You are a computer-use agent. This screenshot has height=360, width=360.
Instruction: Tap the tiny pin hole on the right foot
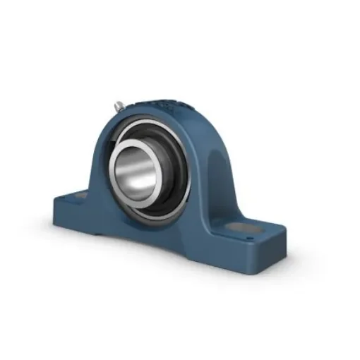(x=251, y=239)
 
